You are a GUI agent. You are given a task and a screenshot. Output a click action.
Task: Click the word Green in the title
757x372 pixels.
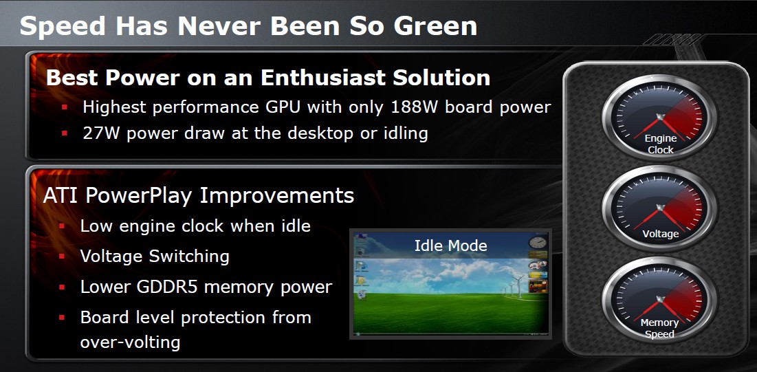[x=435, y=25]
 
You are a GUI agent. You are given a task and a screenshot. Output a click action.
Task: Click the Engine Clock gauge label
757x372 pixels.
[x=661, y=144]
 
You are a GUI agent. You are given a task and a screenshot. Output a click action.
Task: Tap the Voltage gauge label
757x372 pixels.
[x=661, y=234]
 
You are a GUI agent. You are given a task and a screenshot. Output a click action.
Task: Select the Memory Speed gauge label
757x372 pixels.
[x=659, y=328]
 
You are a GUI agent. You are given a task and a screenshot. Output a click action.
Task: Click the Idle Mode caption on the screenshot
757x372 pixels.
[x=451, y=245]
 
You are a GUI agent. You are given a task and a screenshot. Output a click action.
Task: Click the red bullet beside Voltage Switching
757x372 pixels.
[x=62, y=256]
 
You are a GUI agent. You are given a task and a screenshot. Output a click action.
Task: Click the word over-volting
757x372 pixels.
[x=131, y=342]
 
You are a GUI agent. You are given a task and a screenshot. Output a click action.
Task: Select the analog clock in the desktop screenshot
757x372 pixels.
[x=538, y=243]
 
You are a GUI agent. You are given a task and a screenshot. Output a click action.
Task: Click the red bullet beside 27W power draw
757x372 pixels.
[x=65, y=133]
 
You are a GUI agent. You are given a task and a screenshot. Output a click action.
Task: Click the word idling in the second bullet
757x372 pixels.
[x=404, y=133]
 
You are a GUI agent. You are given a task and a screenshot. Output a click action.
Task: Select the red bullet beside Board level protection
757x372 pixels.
[x=62, y=318]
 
